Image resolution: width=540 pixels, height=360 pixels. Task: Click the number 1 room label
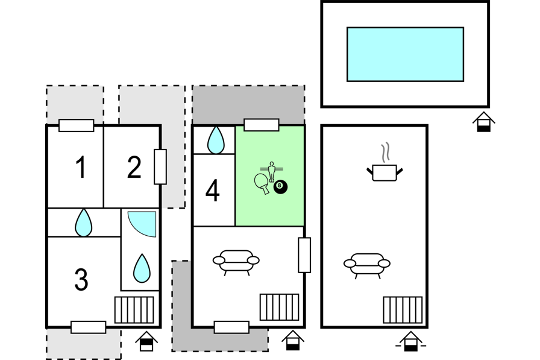81,167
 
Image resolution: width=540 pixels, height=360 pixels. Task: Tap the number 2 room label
134,167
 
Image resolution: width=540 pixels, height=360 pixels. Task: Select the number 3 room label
81,279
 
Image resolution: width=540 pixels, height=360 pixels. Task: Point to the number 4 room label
213,191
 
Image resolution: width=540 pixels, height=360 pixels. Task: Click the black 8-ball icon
280,187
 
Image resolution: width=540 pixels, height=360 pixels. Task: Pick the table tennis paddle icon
262,183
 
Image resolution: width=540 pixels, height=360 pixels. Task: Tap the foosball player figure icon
272,171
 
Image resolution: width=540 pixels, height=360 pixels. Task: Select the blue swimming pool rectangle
405,54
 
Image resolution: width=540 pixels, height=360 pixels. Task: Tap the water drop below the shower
142,268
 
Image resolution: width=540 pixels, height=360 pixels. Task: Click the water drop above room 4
216,140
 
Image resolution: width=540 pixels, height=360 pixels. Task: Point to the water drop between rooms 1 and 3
84,223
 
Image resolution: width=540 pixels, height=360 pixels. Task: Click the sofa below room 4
236,262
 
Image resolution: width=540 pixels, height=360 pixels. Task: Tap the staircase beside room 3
134,310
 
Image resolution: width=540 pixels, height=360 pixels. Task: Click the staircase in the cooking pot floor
403,310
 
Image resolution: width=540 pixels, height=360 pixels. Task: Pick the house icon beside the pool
483,122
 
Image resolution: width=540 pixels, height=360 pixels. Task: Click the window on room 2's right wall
160,167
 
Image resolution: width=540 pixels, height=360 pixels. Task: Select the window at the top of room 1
76,125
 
